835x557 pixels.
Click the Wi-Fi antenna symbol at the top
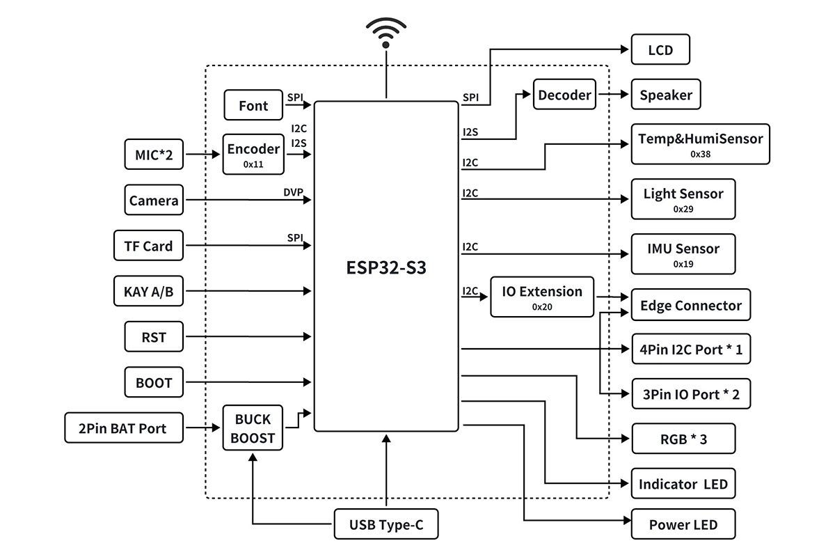point(386,31)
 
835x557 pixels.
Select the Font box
point(253,105)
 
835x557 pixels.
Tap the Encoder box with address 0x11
point(253,154)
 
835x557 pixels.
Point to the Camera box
point(154,201)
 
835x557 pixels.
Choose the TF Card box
point(148,245)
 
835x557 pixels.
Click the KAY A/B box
point(148,291)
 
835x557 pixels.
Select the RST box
point(154,337)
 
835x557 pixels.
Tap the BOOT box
point(154,382)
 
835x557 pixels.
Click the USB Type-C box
point(386,524)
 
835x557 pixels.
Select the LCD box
point(660,51)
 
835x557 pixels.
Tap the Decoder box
point(564,95)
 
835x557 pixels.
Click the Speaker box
point(665,95)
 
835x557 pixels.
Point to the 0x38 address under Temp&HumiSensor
point(700,154)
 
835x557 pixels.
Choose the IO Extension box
point(542,297)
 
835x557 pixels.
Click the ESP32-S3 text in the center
point(385,268)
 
